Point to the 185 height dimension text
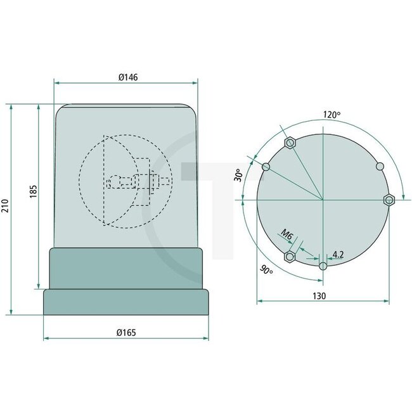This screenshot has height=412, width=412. (x=33, y=192)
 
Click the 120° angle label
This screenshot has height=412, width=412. (x=331, y=115)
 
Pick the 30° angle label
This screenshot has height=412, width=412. (x=239, y=175)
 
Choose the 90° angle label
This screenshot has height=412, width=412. (x=267, y=270)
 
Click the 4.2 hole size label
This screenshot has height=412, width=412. (x=338, y=255)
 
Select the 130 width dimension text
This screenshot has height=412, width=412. (x=319, y=296)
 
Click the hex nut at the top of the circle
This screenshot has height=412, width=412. (x=290, y=143)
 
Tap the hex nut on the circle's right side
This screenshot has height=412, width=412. (x=389, y=200)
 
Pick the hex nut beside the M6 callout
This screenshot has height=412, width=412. (x=290, y=257)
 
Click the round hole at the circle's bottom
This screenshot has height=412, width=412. (x=323, y=266)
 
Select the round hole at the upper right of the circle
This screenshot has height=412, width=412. (x=380, y=166)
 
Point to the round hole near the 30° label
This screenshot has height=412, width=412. (x=266, y=167)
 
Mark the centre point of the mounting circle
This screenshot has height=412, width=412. (x=323, y=200)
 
